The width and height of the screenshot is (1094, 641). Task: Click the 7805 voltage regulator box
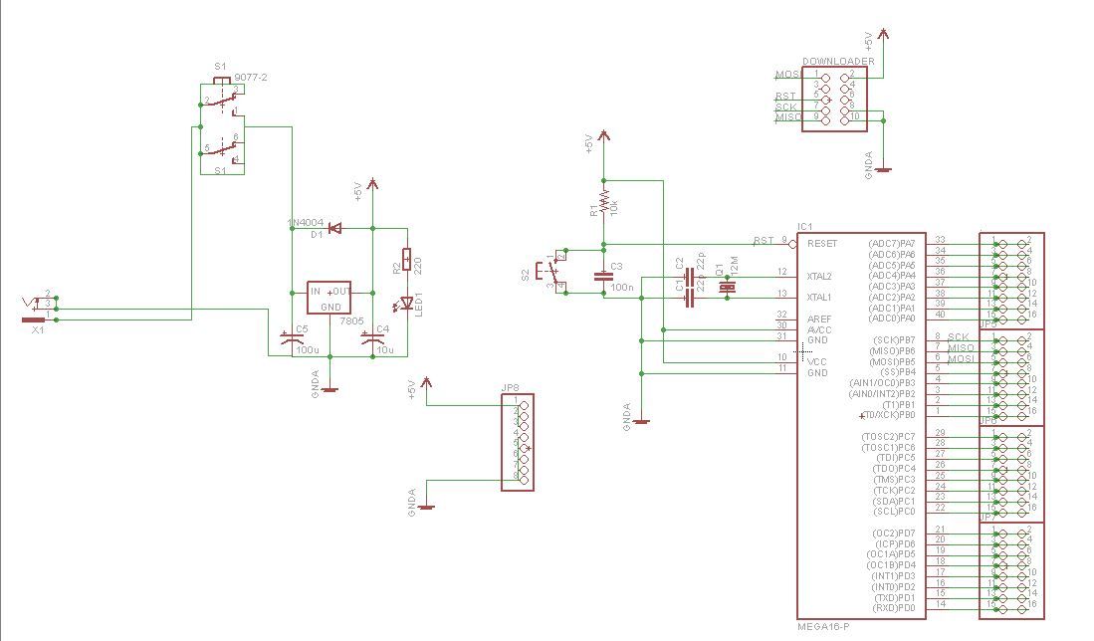pos(329,299)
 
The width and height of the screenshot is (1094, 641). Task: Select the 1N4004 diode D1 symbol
pos(334,229)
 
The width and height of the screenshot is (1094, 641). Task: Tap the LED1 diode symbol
pos(405,303)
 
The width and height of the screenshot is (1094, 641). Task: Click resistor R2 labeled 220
pos(405,261)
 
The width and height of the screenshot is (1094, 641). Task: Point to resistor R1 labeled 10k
pos(602,199)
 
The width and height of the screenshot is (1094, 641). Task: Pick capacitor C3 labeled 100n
pos(602,278)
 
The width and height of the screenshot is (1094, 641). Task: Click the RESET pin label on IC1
pos(822,243)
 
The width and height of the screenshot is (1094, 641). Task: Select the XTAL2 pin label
pos(818,275)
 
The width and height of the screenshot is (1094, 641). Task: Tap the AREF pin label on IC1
pos(817,318)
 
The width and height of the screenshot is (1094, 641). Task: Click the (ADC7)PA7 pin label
pos(891,243)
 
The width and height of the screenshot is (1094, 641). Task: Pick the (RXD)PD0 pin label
pos(893,607)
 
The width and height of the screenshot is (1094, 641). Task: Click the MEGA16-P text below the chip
pos(824,627)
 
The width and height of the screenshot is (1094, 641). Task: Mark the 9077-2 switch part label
pos(250,76)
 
